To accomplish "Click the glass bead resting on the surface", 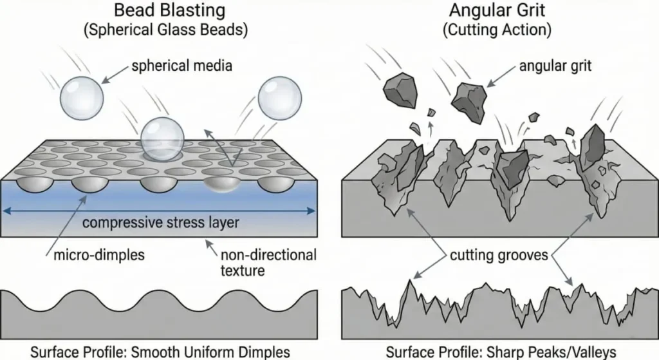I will [x=163, y=138].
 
